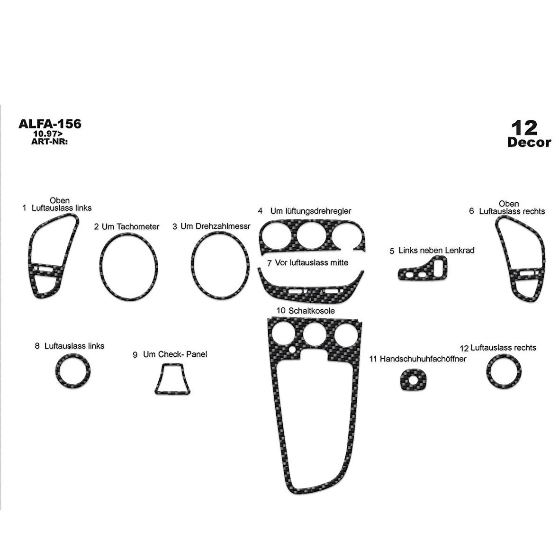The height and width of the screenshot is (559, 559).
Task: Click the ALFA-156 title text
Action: (x=50, y=124)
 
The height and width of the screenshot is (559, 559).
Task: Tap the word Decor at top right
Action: (x=530, y=142)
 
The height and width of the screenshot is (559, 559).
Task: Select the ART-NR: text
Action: (x=50, y=141)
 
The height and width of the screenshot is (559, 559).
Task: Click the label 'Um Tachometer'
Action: (x=130, y=226)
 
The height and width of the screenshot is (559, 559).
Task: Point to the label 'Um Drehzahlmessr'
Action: (x=216, y=226)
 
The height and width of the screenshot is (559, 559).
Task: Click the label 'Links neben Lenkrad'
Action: (x=436, y=250)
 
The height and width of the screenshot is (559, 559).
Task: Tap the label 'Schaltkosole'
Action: (x=312, y=310)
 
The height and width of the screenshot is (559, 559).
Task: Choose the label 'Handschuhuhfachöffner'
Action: (x=423, y=359)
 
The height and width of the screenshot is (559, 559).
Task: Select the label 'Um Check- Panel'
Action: (x=175, y=354)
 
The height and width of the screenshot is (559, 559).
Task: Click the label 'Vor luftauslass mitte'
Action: (x=312, y=263)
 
